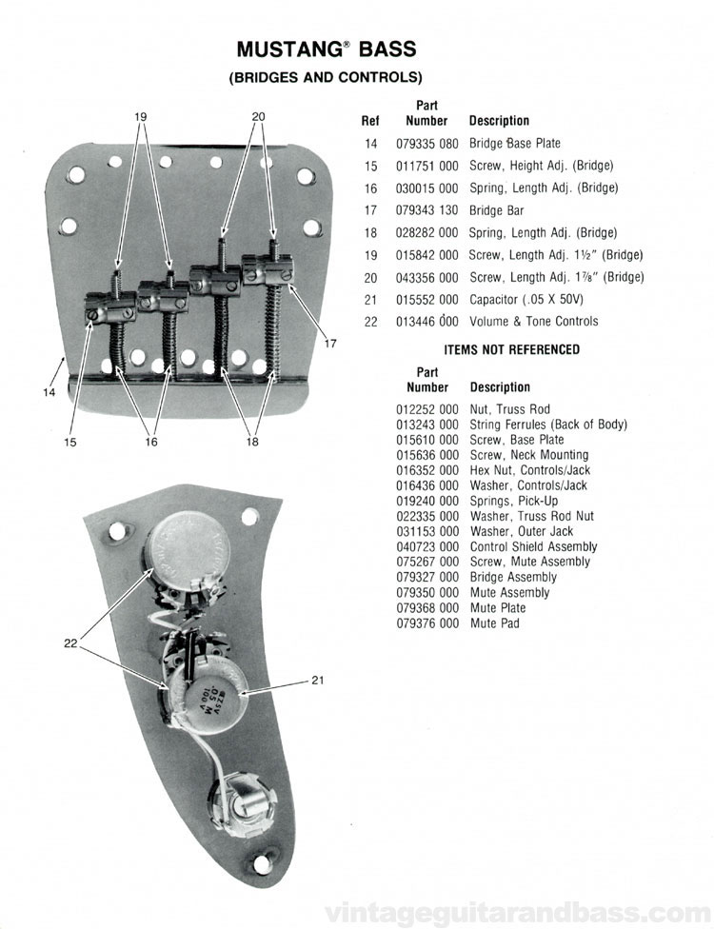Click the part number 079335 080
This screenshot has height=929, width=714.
(x=426, y=144)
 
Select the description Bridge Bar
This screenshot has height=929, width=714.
(x=496, y=210)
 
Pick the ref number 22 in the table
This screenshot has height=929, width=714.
(x=371, y=322)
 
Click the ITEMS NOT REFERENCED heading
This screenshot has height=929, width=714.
(x=511, y=349)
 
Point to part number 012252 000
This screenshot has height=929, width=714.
(x=426, y=409)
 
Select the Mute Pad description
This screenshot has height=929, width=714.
(x=495, y=623)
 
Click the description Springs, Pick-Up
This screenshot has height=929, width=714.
(x=514, y=501)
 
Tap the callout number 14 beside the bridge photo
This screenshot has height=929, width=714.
(x=50, y=392)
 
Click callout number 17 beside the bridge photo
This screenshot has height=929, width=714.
(x=330, y=343)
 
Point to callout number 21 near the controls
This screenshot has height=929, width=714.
(x=318, y=680)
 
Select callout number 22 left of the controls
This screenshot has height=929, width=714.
(x=69, y=643)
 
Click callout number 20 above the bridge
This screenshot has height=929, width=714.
(x=258, y=116)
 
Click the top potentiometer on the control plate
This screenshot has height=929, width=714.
(x=188, y=544)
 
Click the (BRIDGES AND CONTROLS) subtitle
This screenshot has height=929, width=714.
(x=326, y=77)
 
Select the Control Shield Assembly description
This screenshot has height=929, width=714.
(x=533, y=547)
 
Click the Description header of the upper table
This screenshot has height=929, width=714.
(x=499, y=121)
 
